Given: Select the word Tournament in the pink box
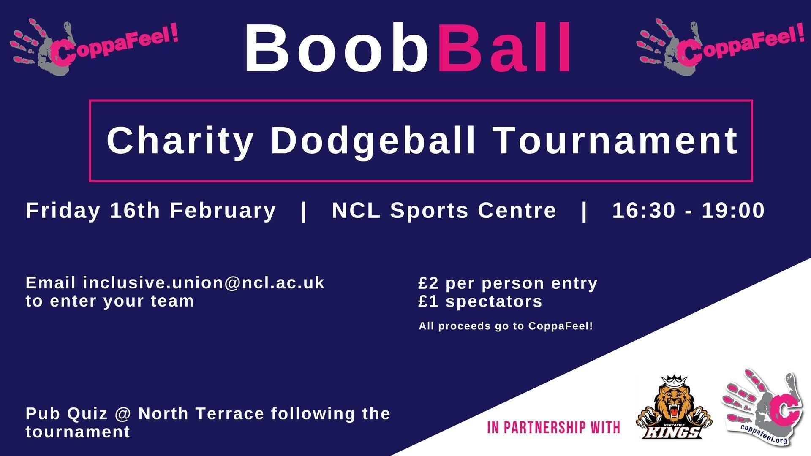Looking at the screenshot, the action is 616,141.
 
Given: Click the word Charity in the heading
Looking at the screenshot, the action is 180,141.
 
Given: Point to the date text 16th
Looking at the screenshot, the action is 135,210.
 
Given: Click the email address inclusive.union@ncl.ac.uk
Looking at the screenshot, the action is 204,283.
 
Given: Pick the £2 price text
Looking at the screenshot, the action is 428,283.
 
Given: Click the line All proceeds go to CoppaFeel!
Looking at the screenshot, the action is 506,326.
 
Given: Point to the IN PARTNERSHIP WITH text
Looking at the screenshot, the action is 554,427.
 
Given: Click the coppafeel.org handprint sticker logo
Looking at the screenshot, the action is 763,407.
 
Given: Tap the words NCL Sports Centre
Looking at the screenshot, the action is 444,210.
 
